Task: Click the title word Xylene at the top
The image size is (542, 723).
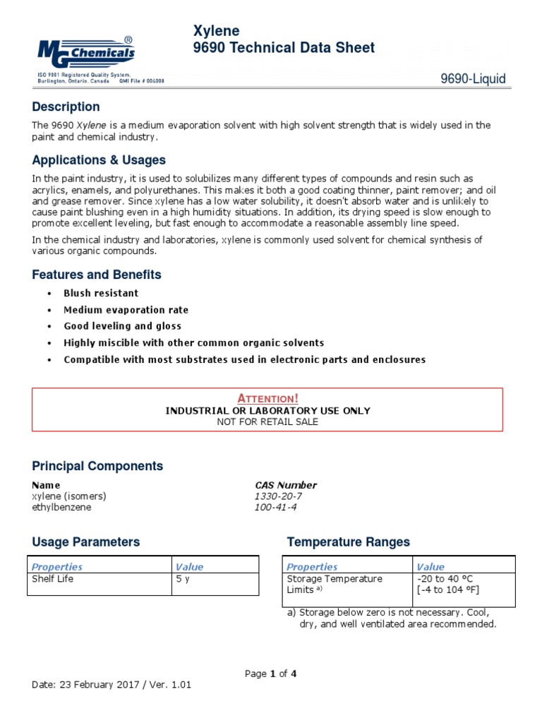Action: pyautogui.click(x=216, y=30)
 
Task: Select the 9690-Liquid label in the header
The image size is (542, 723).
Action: pyautogui.click(x=473, y=79)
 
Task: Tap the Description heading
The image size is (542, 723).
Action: pyautogui.click(x=66, y=107)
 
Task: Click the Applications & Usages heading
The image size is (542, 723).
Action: pyautogui.click(x=99, y=160)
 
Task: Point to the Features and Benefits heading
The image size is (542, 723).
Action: pyautogui.click(x=97, y=275)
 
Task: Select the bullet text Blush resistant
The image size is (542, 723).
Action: pyautogui.click(x=101, y=293)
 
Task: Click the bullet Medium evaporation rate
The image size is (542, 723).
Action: pyautogui.click(x=126, y=310)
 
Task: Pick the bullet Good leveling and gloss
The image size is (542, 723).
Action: pyautogui.click(x=122, y=326)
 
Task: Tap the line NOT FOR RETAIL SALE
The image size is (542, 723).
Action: pyautogui.click(x=267, y=422)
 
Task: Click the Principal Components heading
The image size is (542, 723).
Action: pyautogui.click(x=97, y=466)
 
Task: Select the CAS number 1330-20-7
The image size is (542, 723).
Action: pyautogui.click(x=278, y=496)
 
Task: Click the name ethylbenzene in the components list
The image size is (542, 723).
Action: pyautogui.click(x=61, y=507)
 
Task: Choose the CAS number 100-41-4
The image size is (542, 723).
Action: pyautogui.click(x=275, y=507)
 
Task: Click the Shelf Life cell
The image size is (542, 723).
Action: pyautogui.click(x=53, y=579)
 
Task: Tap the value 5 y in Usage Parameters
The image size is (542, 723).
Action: pyautogui.click(x=183, y=579)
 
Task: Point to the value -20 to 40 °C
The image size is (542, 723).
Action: pyautogui.click(x=445, y=579)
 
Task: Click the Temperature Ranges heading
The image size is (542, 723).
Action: pyautogui.click(x=348, y=542)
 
